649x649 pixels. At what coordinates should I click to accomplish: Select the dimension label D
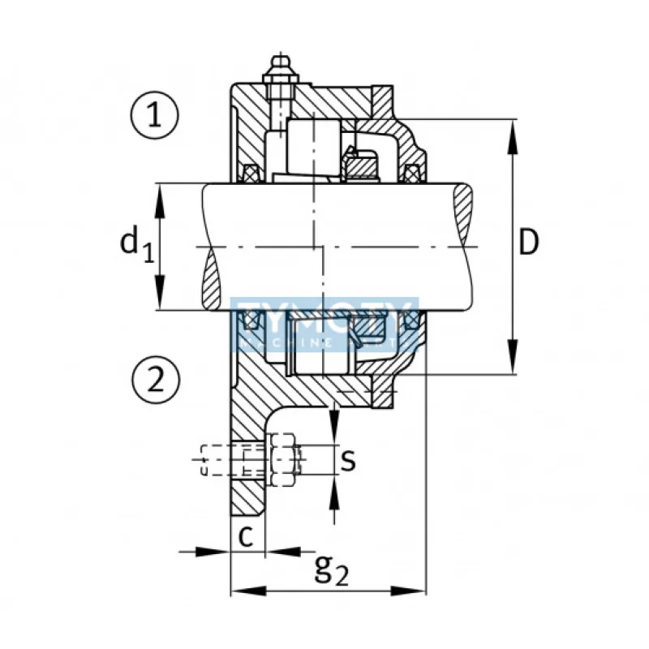529,243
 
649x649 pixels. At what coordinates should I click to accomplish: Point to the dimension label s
347,460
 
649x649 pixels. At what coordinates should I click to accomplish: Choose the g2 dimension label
332,571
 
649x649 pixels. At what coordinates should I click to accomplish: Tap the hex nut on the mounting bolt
284,460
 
